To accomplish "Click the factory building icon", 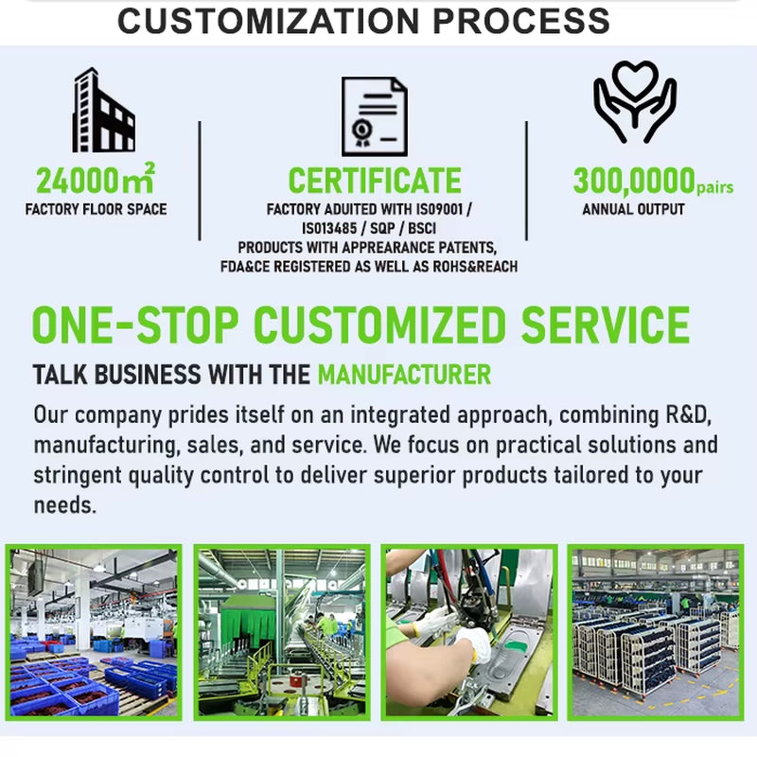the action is (x=103, y=110).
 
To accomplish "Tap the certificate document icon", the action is (x=374, y=116).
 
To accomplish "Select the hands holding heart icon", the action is (x=635, y=102).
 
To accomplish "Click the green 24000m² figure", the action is (x=96, y=179).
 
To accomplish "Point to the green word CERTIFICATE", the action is (x=375, y=181).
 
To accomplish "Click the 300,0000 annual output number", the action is (x=634, y=182).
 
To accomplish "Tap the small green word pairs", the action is (x=715, y=187).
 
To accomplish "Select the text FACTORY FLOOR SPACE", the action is (x=97, y=209).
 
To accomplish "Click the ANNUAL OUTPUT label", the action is (x=633, y=209).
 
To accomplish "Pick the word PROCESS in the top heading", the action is (x=521, y=21).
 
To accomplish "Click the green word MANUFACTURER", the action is (x=405, y=375).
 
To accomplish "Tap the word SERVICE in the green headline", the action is (x=606, y=325).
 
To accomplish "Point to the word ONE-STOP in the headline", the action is (x=134, y=325).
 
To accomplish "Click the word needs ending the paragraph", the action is (x=64, y=505).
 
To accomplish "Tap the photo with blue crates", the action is (x=94, y=632).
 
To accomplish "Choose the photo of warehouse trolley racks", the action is (x=656, y=632).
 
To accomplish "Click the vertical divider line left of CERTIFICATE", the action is (x=200, y=181).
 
